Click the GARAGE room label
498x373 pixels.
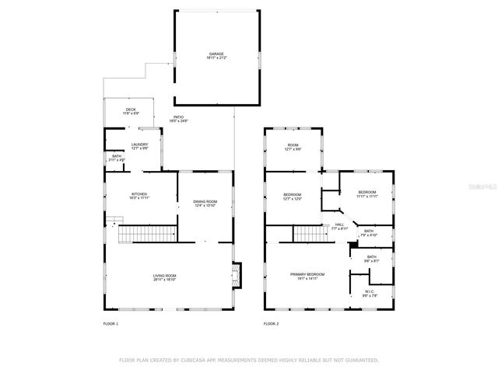216,55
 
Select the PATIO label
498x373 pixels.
180,119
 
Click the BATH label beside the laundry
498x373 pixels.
116,158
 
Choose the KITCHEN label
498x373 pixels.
139,196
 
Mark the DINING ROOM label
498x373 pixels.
205,203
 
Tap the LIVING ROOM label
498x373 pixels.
164,277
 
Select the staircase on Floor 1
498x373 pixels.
146,233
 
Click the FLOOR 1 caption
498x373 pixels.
110,323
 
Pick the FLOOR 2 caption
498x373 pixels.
271,323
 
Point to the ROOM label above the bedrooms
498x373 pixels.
293,146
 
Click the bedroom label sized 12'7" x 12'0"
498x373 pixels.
293,197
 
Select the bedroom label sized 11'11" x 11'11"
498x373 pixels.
367,193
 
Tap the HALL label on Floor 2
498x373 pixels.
339,227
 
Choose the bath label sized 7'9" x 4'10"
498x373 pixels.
368,232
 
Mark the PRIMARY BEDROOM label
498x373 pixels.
307,275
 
